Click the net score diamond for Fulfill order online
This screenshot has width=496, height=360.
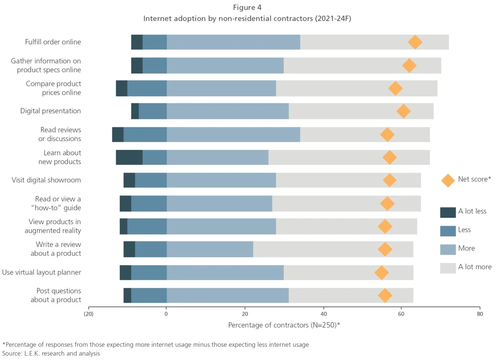415,42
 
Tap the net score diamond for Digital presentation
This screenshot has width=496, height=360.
403,111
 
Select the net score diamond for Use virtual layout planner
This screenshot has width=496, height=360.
382,272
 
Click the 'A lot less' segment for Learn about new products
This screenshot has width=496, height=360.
129,157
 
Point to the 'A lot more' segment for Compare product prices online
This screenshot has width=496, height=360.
356,88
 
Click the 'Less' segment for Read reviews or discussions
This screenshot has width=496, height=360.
145,134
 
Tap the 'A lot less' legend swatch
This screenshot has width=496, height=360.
448,212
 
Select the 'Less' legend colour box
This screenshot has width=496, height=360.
448,231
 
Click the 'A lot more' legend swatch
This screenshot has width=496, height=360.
448,268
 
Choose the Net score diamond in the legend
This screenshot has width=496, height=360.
448,180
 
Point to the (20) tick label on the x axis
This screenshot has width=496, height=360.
89,314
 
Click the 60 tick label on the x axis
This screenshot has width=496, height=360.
401,314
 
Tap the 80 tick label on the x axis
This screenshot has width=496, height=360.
480,314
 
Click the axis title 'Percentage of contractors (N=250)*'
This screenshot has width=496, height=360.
284,325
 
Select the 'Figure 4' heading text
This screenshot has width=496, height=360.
247,8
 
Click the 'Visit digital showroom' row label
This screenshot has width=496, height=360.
46,180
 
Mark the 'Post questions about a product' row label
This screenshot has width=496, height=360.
56,295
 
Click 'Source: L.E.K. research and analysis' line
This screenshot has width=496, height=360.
51,354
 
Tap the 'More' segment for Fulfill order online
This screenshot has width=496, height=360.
233,42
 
